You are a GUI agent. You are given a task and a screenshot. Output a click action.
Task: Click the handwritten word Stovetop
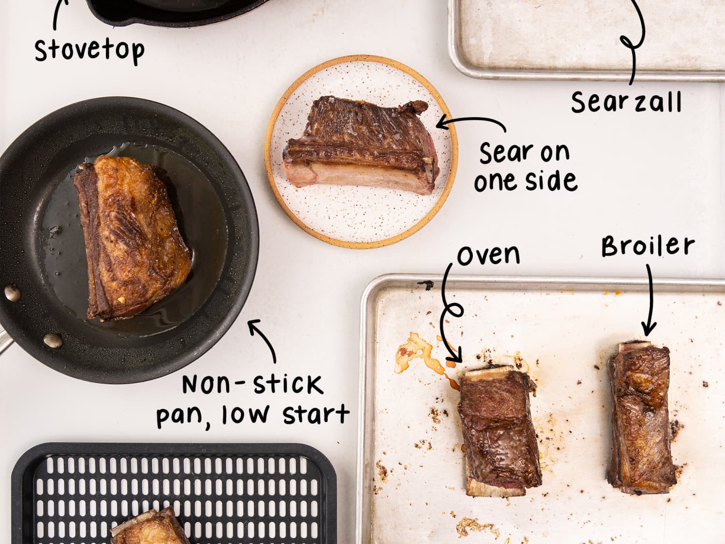click(89, 50)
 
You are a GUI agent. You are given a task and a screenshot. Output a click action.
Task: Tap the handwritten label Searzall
click(626, 102)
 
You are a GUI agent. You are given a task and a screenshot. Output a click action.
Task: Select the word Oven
click(488, 254)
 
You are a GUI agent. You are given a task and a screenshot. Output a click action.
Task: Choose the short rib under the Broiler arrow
click(640, 418)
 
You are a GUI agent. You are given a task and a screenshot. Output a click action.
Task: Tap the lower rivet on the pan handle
click(52, 340)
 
